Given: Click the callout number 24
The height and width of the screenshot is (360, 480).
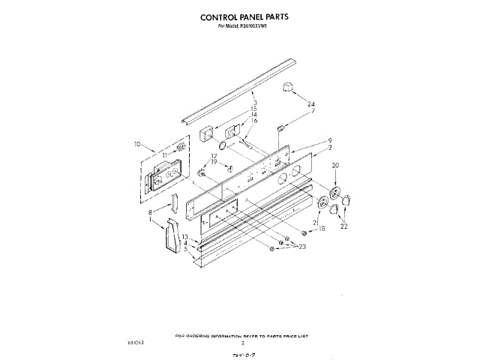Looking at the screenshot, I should [x=311, y=104].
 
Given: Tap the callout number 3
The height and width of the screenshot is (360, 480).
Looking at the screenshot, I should [x=255, y=102].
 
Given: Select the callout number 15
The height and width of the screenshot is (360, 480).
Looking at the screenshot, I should [x=254, y=109].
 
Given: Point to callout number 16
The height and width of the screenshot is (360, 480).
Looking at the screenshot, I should [x=254, y=121].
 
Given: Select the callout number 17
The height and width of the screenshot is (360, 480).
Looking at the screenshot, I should [x=213, y=156].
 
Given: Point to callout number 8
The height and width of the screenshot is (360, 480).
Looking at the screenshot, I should [x=151, y=213].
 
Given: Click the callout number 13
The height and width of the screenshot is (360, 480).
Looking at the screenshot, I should [x=184, y=237].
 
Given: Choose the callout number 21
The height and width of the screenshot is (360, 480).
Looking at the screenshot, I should [x=316, y=223].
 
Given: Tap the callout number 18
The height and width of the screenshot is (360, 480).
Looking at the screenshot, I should [x=322, y=229].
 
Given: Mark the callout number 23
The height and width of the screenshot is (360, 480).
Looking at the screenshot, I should [x=303, y=247].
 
